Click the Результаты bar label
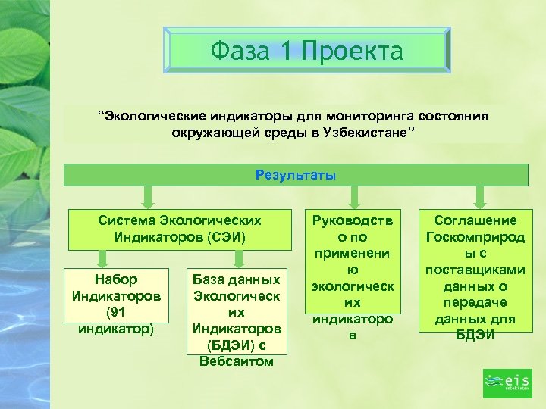click(x=296, y=175)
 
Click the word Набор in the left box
click(x=116, y=279)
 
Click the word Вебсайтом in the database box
click(x=237, y=361)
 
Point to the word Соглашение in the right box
click(x=475, y=220)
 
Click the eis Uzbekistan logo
click(x=507, y=382)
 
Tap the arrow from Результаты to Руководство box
click(x=351, y=196)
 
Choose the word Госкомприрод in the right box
click(x=475, y=237)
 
